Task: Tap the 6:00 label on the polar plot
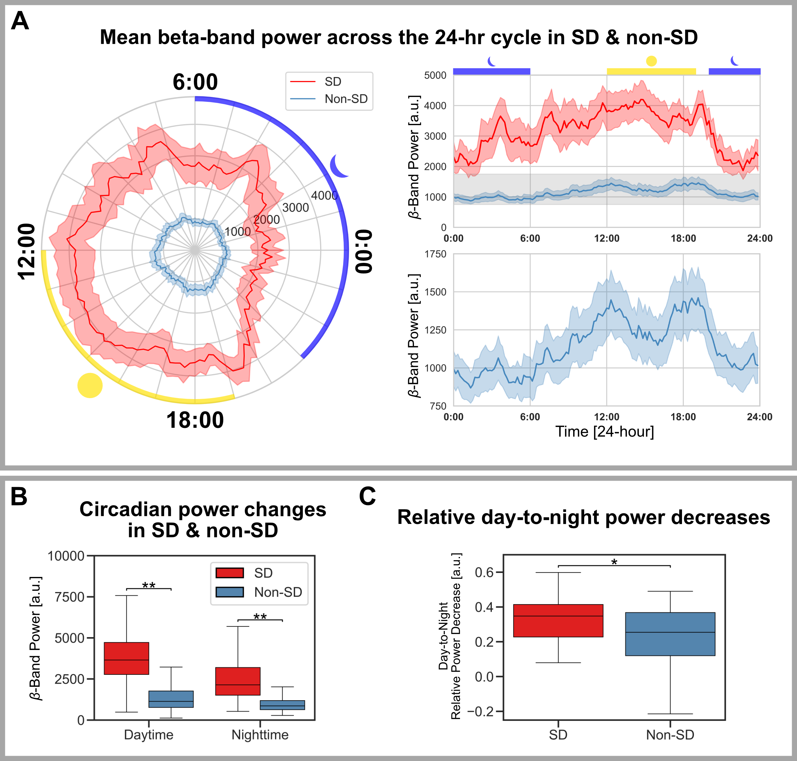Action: pyautogui.click(x=195, y=82)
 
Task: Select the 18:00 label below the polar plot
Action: pyautogui.click(x=195, y=420)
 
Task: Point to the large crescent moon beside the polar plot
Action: pyautogui.click(x=339, y=166)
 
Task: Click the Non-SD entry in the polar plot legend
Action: pyautogui.click(x=346, y=99)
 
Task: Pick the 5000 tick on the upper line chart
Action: pyautogui.click(x=435, y=75)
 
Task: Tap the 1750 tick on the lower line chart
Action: pyautogui.click(x=435, y=254)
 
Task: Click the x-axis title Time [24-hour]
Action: pyautogui.click(x=604, y=432)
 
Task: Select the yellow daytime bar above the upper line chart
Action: pyautogui.click(x=651, y=71)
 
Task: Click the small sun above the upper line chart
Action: pyautogui.click(x=651, y=61)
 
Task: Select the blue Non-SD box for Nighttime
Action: pyautogui.click(x=282, y=705)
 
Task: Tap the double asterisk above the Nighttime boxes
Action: pyautogui.click(x=260, y=617)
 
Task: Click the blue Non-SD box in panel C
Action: pyautogui.click(x=670, y=634)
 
